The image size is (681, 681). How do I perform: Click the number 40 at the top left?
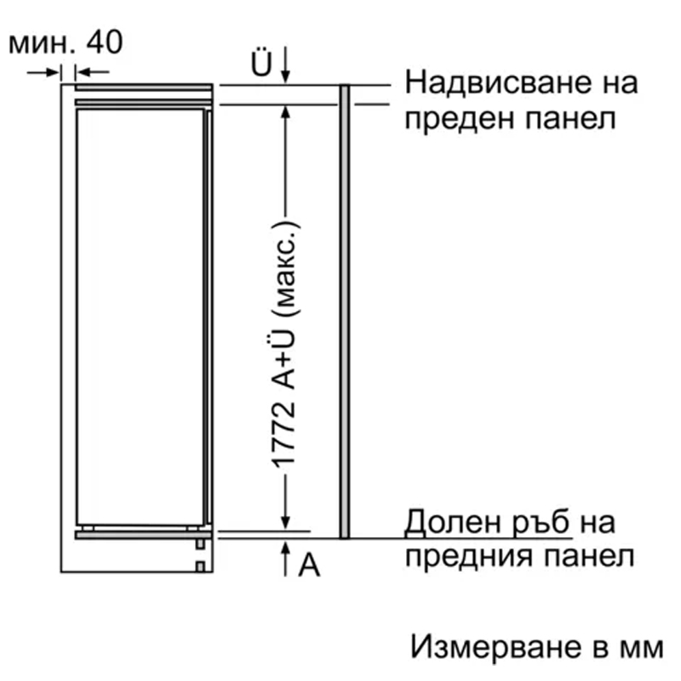tap(105, 43)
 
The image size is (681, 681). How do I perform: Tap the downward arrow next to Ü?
tap(285, 65)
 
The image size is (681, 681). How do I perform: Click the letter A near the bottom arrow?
tap(309, 564)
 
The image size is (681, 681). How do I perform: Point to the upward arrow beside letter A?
tap(285, 559)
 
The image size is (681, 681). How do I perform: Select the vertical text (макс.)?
tap(285, 270)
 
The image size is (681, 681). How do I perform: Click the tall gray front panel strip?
tap(345, 312)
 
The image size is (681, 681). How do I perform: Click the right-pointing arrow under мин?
tap(43, 72)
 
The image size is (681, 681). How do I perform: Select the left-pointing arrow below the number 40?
tap(93, 72)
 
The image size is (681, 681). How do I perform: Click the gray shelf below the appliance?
tap(143, 535)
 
